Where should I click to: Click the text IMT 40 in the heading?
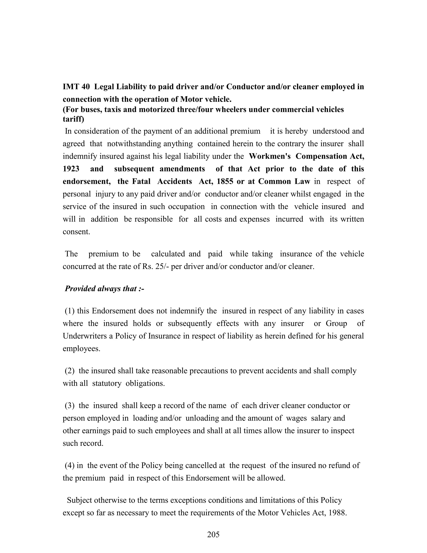point(76,87)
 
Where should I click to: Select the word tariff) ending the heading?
point(73,119)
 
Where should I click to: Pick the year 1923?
point(71,169)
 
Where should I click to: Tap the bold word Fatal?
point(141,182)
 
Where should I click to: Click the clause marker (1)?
point(70,311)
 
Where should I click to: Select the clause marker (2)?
point(70,371)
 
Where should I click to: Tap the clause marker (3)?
point(70,406)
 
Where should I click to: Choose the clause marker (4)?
point(70,466)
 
